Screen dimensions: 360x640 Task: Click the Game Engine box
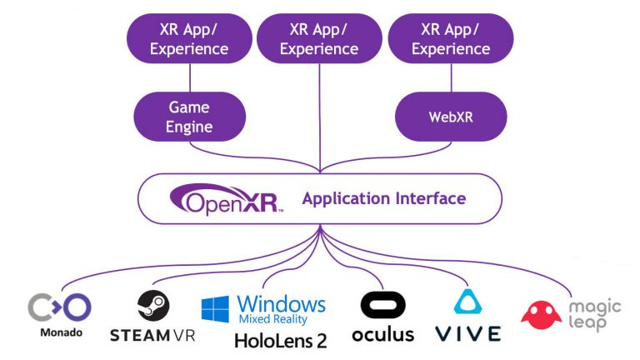189,117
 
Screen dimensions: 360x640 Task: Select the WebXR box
451,117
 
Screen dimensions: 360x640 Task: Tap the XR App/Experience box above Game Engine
189,39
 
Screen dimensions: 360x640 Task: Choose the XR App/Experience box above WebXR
451,39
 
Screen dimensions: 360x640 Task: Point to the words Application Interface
383,198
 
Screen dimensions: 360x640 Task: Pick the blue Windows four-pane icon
215,308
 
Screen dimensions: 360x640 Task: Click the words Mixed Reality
272,319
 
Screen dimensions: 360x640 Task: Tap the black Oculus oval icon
382,305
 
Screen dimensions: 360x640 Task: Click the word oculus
382,334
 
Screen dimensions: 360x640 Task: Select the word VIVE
467,334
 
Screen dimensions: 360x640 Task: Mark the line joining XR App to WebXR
451,76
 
